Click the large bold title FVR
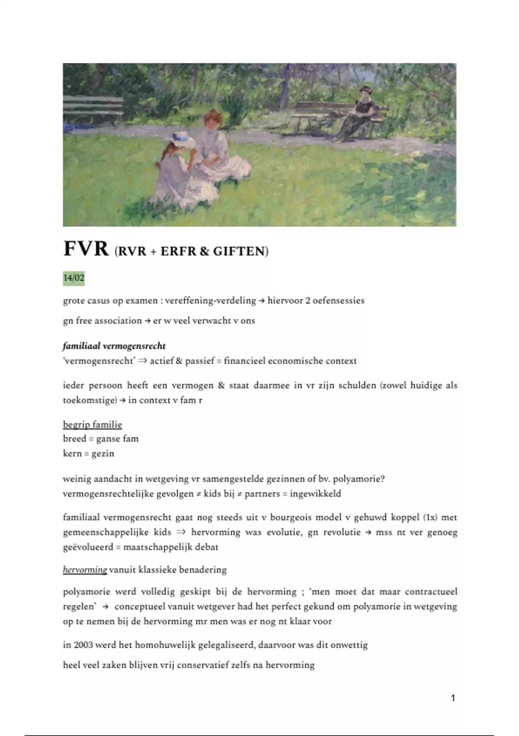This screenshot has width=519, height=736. tap(86, 249)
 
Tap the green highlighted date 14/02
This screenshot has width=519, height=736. tap(74, 278)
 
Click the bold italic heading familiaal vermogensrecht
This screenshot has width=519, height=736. tap(114, 346)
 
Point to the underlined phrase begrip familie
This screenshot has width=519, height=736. tap(93, 424)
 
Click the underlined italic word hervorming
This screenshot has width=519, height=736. tap(85, 569)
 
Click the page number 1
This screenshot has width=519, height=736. tap(453, 698)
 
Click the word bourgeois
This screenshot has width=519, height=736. tap(290, 517)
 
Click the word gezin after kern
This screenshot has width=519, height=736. tap(103, 453)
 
